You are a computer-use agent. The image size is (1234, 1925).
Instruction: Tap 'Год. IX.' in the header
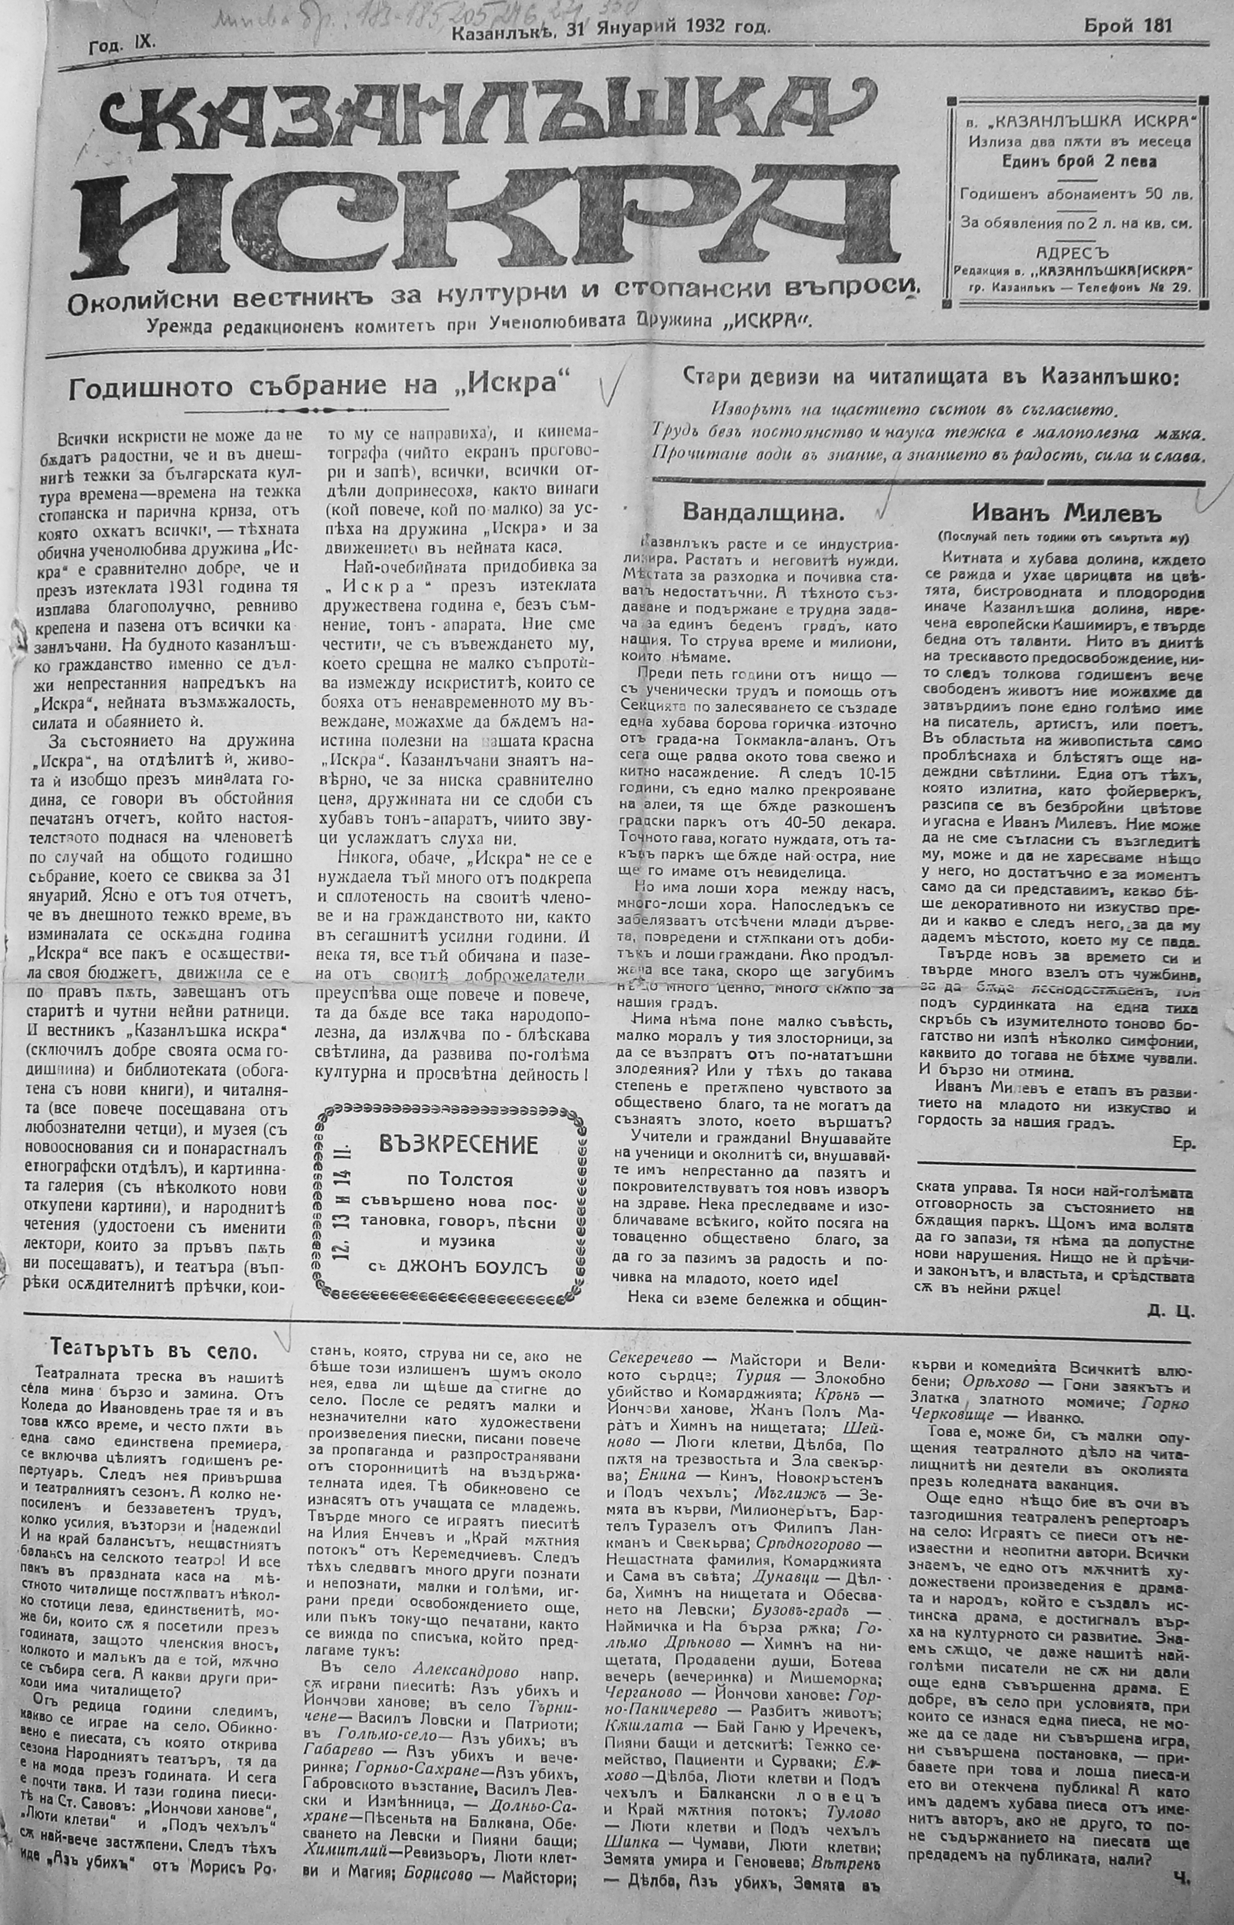tap(122, 46)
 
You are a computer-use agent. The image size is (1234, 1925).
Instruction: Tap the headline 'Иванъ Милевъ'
tap(1065, 512)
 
